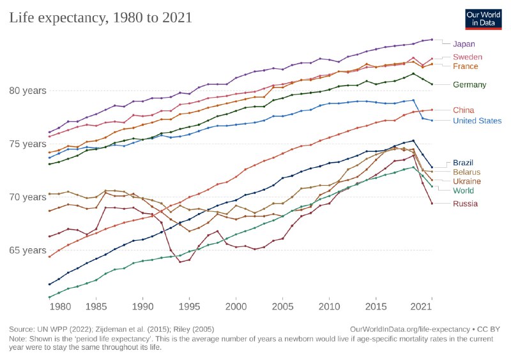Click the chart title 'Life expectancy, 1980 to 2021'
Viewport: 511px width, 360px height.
coord(100,18)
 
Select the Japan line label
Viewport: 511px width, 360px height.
coord(464,44)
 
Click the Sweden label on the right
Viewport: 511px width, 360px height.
coord(467,57)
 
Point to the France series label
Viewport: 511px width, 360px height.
coord(465,66)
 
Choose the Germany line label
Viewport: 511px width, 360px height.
coord(469,85)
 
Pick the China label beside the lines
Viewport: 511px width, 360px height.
coord(463,110)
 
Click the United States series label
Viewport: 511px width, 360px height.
coord(477,121)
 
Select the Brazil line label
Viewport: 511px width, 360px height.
coord(463,163)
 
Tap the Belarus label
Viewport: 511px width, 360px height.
coord(466,172)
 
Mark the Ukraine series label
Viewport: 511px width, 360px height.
coord(467,182)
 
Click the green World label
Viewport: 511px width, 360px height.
coord(463,191)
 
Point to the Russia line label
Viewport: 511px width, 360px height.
coord(464,204)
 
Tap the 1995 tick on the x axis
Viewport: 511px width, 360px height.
coord(189,306)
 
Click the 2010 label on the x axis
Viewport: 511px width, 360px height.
coord(329,306)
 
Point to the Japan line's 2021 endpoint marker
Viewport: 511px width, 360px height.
coord(432,40)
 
